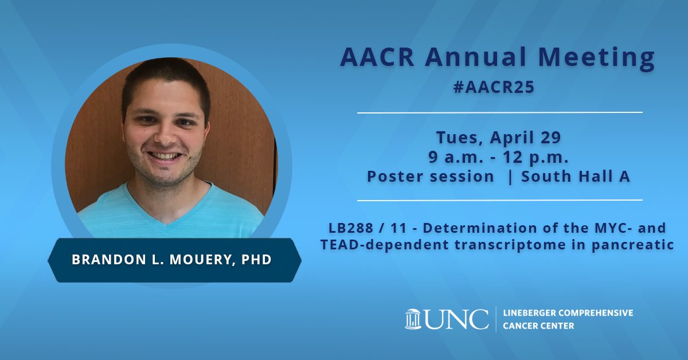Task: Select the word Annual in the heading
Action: click(469, 58)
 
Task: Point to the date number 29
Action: click(549, 138)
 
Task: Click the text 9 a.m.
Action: click(456, 157)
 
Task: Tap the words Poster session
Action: click(430, 177)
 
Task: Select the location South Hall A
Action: click(576, 177)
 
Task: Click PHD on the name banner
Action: click(257, 259)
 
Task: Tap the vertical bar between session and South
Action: click(509, 177)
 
